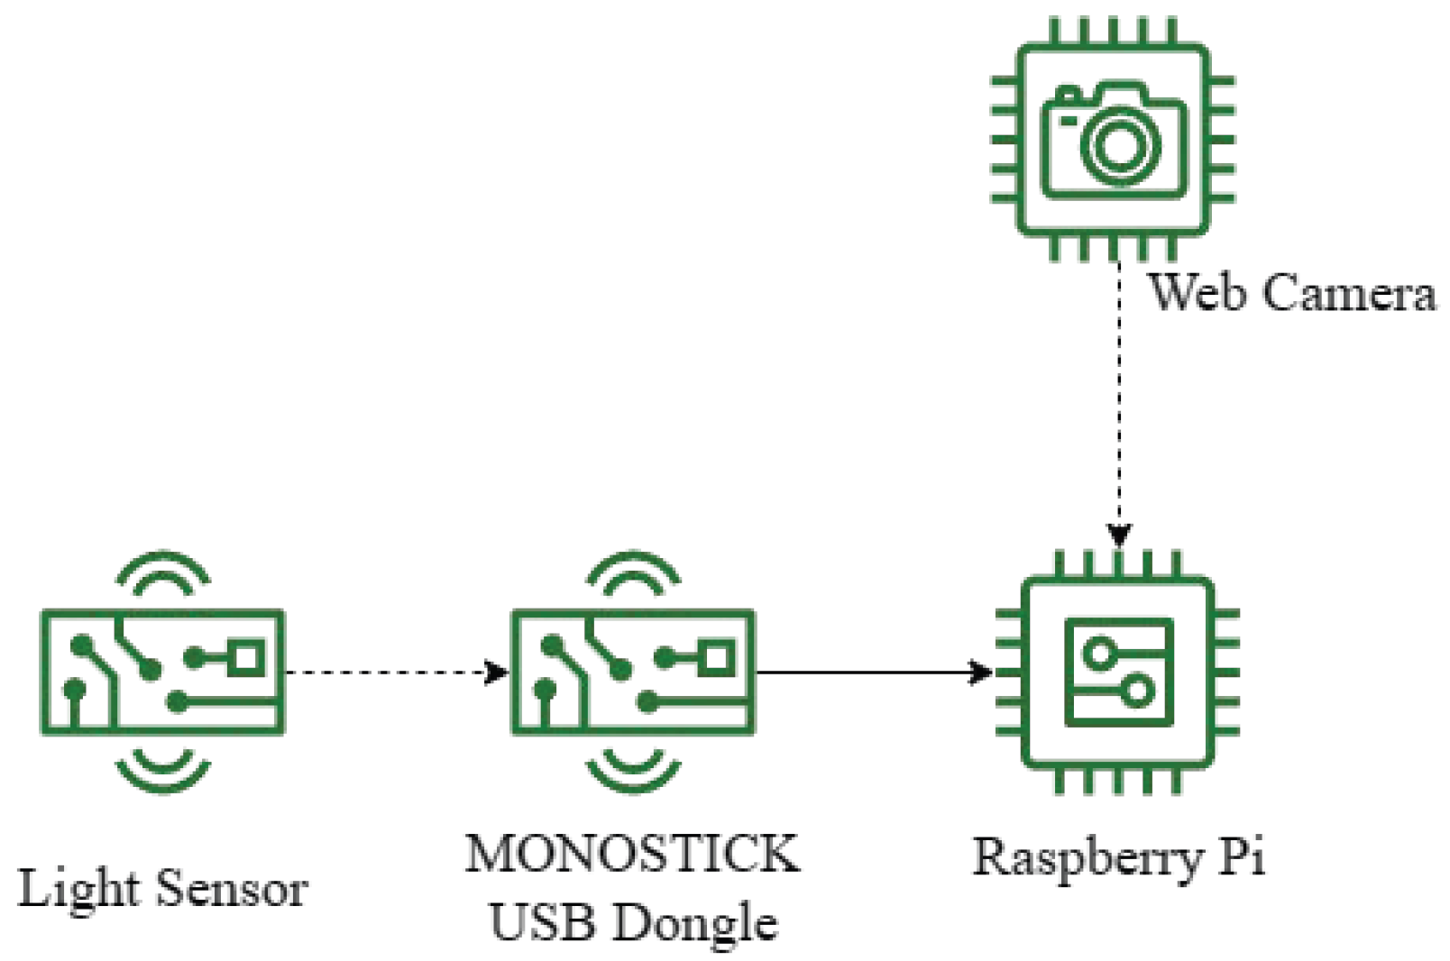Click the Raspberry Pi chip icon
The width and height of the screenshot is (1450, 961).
pyautogui.click(x=1118, y=673)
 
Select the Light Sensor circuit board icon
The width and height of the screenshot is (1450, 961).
pyautogui.click(x=162, y=673)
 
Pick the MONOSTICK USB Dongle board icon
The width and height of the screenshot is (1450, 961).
pyautogui.click(x=633, y=673)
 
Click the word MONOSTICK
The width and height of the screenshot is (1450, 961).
pyautogui.click(x=632, y=853)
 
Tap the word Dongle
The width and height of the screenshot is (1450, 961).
pyautogui.click(x=693, y=922)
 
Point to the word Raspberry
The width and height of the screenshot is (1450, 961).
pyautogui.click(x=1087, y=857)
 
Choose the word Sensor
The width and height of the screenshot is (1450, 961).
pyautogui.click(x=232, y=889)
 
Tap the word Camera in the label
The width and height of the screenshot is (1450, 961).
pyautogui.click(x=1349, y=293)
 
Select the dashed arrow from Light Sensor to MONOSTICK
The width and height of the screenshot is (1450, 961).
pyautogui.click(x=392, y=673)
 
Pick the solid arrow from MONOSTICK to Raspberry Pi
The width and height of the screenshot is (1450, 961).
pyautogui.click(x=870, y=673)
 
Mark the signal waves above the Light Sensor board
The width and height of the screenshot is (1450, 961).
pyautogui.click(x=163, y=573)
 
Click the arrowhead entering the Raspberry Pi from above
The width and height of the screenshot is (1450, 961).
pyautogui.click(x=1119, y=535)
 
